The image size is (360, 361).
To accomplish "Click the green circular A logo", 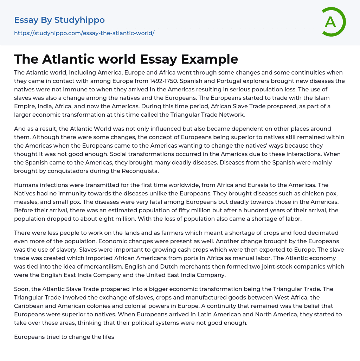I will point(332,22).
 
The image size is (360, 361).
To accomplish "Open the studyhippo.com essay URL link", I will point(84,33).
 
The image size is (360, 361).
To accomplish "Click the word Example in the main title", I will point(210,59).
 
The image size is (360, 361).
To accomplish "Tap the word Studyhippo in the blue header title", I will point(79,20).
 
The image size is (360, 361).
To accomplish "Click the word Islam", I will point(322,98).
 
